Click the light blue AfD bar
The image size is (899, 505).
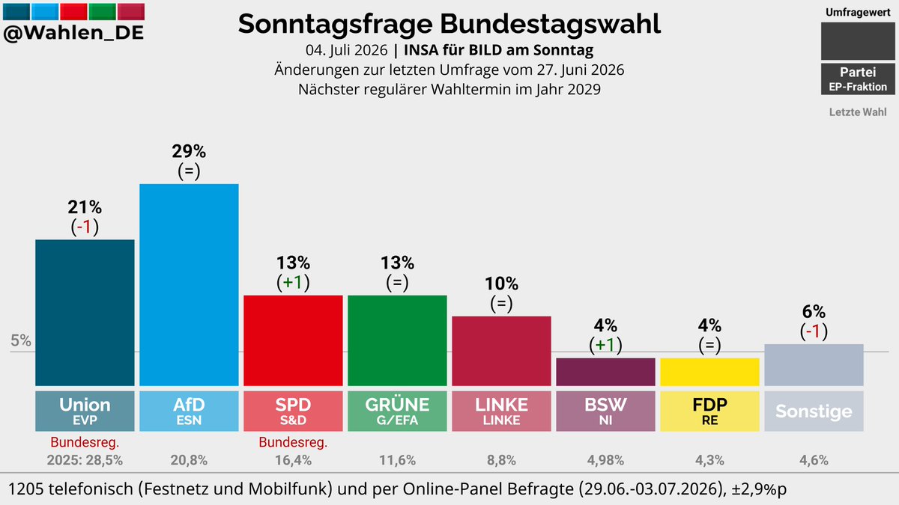(x=189, y=285)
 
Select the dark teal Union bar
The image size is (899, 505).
(x=85, y=313)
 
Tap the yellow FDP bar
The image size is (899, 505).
(x=709, y=372)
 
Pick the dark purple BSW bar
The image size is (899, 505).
(x=605, y=372)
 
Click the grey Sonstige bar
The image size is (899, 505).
(x=814, y=365)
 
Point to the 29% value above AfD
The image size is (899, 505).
(x=189, y=151)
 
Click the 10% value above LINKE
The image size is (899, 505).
(x=502, y=284)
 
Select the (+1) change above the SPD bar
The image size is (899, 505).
(x=293, y=283)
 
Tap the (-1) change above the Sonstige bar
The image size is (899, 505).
(x=814, y=331)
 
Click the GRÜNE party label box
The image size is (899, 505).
(x=397, y=411)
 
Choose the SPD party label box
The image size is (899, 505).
(x=293, y=411)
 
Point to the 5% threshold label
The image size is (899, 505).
(x=21, y=340)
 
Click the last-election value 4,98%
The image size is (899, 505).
(x=605, y=460)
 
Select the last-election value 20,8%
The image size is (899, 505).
(x=189, y=460)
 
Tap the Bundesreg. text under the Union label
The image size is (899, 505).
(x=85, y=442)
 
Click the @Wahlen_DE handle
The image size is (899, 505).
(x=73, y=32)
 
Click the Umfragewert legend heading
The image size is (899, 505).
(x=858, y=13)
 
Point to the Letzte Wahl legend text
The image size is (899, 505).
(x=858, y=111)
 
